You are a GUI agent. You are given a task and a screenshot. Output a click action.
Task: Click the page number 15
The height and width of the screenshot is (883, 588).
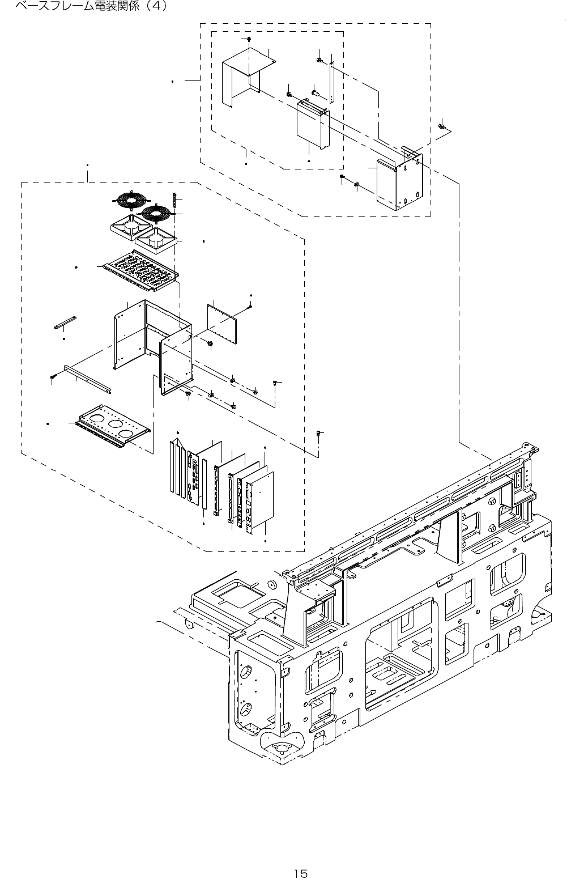301,857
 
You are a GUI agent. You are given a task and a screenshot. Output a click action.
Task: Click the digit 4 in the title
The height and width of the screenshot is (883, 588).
154,7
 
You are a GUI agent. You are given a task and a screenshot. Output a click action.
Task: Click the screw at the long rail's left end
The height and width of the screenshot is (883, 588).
53,376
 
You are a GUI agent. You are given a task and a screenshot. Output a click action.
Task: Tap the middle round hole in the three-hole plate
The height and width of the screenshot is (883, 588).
116,423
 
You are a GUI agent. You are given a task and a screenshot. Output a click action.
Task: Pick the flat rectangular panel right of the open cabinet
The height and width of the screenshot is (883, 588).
223,324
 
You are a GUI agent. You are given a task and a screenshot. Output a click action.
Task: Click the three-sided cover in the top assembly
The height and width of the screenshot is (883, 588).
242,74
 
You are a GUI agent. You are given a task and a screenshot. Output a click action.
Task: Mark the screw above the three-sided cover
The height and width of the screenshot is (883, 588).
249,39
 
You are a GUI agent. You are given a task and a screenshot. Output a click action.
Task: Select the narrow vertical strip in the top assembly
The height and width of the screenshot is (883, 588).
331,82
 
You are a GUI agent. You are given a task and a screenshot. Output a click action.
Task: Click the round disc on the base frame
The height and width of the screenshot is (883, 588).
272,585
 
